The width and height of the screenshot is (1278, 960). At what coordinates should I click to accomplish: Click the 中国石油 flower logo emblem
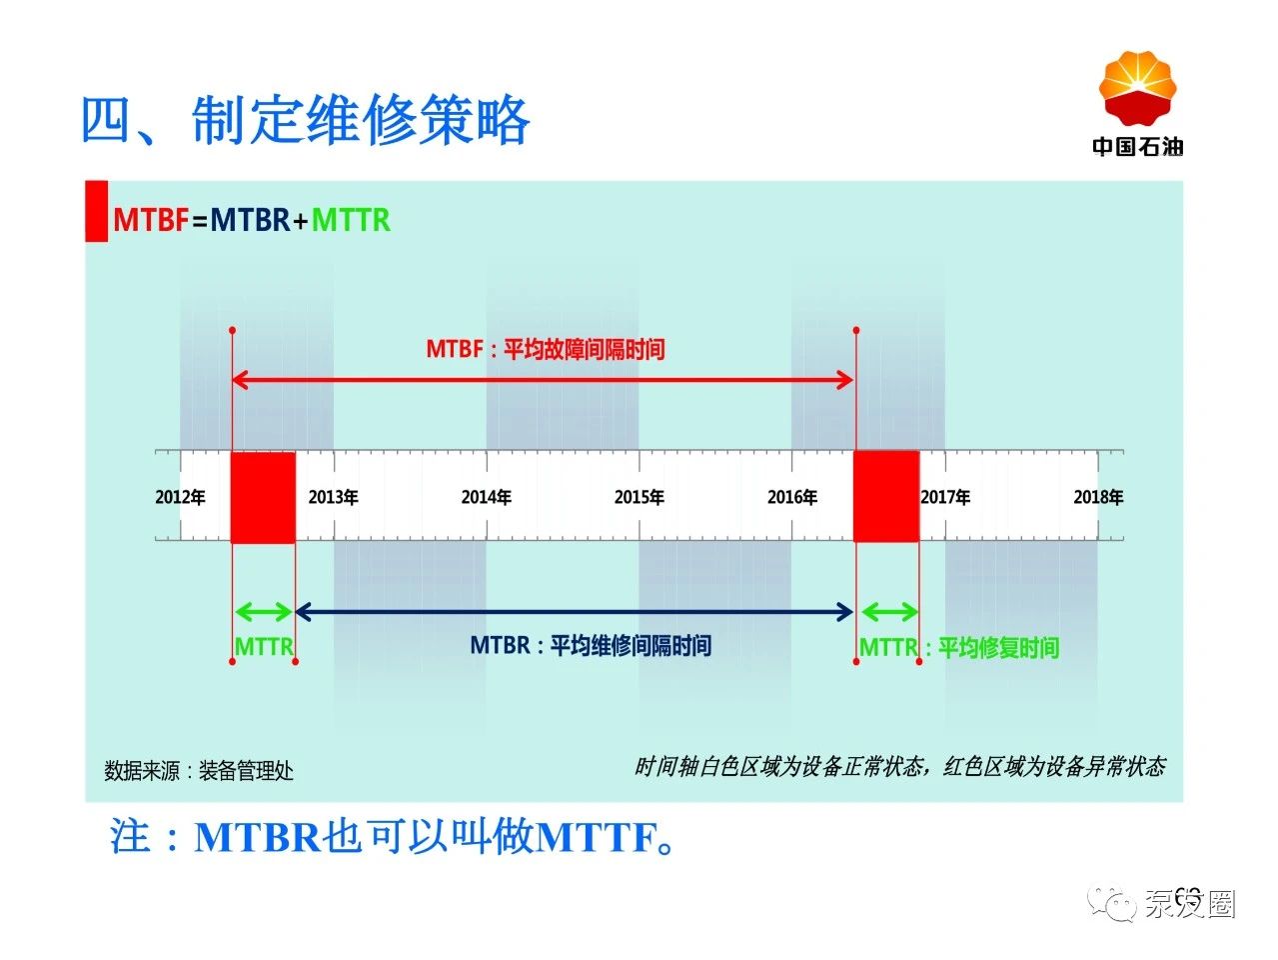click(1137, 87)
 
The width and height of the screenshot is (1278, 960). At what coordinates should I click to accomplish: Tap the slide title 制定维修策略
click(361, 120)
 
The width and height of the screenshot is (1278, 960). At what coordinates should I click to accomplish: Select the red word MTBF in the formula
click(151, 220)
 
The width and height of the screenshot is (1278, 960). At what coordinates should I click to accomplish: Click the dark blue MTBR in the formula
click(250, 220)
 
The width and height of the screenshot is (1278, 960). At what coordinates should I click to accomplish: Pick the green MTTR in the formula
click(351, 220)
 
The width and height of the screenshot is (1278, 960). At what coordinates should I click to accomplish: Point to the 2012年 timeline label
click(180, 497)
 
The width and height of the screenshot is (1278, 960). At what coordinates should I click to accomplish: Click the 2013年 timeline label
click(333, 497)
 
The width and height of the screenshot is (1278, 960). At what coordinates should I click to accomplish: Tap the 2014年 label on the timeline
click(487, 497)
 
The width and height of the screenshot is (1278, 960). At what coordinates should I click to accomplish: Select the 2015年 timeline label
click(639, 497)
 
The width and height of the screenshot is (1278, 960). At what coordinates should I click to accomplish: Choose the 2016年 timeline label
click(792, 497)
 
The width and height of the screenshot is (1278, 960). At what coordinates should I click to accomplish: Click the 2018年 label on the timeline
click(1099, 497)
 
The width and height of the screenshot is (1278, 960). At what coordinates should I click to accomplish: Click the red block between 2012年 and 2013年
click(263, 497)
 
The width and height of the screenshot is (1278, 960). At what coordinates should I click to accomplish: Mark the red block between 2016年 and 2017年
click(886, 496)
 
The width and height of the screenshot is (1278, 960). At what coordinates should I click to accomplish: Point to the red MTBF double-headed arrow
click(543, 380)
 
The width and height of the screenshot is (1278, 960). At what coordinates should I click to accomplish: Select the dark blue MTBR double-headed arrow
click(575, 612)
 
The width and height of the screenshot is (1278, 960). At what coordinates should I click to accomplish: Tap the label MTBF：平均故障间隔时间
click(545, 349)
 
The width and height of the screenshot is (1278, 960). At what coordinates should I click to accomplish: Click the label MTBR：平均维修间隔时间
click(591, 645)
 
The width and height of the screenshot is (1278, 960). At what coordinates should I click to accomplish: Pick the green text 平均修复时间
click(998, 648)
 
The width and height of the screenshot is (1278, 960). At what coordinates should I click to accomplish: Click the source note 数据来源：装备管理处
click(199, 770)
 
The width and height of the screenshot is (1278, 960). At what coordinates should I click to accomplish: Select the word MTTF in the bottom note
click(597, 837)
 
